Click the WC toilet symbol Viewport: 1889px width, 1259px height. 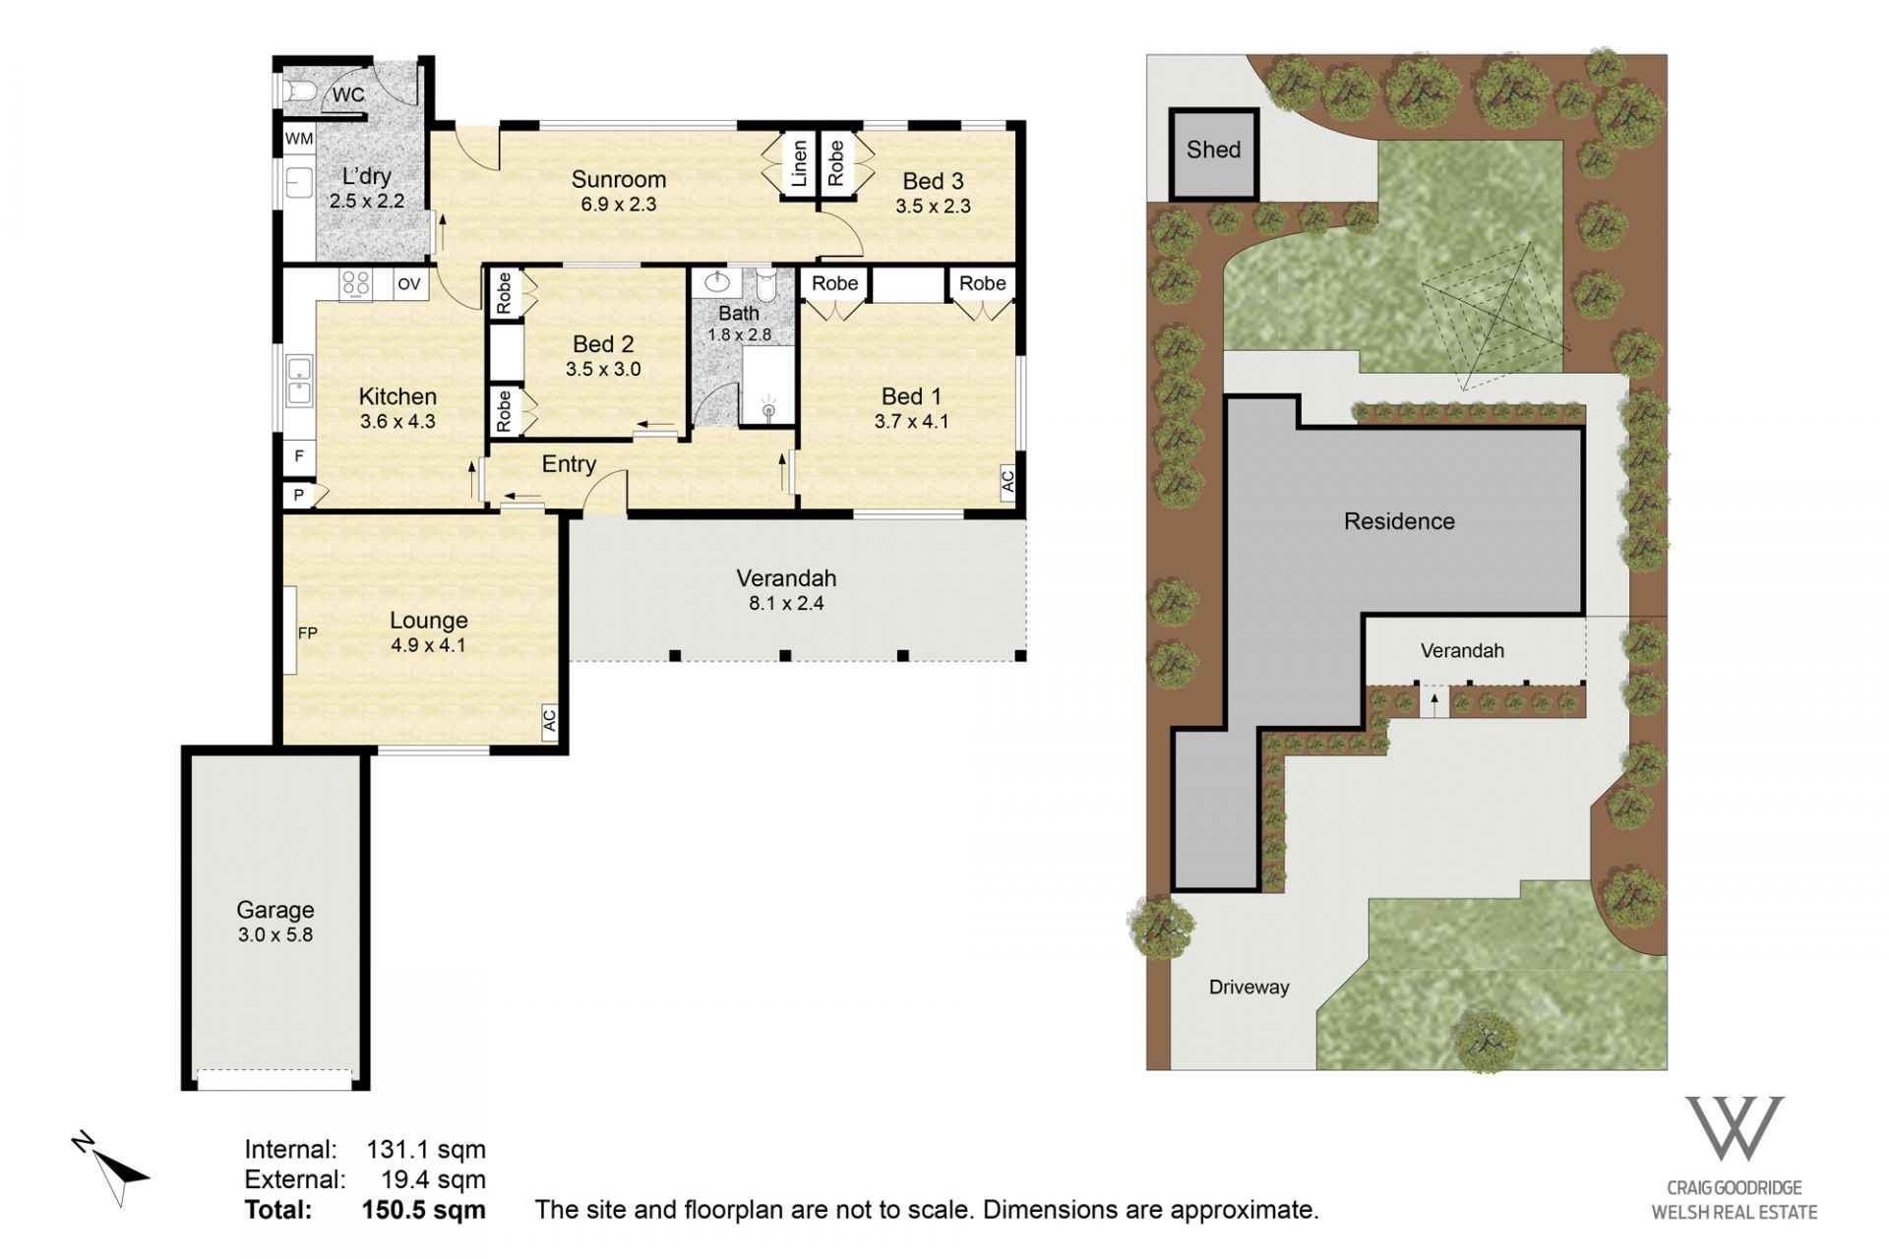299,91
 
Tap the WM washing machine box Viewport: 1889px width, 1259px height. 299,139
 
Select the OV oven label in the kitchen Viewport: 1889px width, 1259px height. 409,284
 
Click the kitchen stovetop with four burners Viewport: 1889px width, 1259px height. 355,284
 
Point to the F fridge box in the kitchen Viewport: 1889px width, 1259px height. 299,456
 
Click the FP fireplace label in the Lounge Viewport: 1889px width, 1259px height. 308,632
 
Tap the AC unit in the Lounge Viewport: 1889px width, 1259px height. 550,720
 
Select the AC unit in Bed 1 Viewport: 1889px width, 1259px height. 1007,481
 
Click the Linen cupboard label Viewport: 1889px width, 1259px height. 799,163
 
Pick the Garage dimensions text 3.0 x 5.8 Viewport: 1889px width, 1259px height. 275,935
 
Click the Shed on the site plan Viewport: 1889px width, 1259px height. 1214,153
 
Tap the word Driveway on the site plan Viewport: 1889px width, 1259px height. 1249,988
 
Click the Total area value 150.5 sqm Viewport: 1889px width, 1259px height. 423,1210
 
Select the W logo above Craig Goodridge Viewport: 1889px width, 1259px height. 1734,1128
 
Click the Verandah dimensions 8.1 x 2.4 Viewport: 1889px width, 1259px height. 786,604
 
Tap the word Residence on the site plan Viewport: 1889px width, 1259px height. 1399,521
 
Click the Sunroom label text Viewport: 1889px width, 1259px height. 619,179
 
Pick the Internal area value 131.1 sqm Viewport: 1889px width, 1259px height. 426,1149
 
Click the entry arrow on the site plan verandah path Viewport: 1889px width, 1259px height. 1434,702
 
